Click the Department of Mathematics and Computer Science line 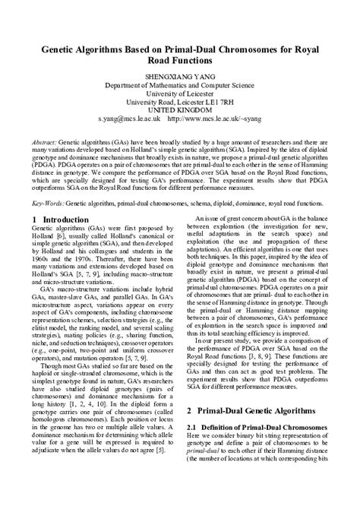tap(180, 87)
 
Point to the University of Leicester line tap(180, 97)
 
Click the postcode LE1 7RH tap(219, 107)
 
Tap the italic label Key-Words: tap(48, 204)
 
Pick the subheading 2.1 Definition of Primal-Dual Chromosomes tap(257, 449)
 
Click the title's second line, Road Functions tap(180, 61)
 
